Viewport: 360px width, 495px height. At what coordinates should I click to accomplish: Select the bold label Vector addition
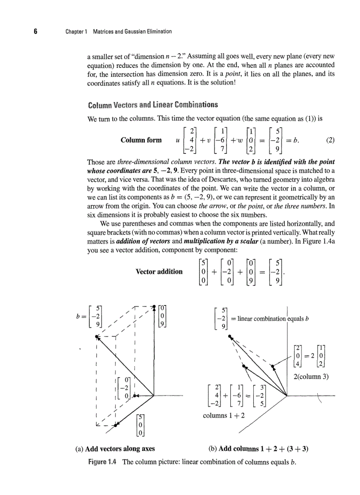pos(159,272)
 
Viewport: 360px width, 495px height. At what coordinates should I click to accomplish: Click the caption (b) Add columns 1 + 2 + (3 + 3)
pos(258,449)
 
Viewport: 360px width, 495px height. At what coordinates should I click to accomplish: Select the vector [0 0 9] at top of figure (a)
pos(163,316)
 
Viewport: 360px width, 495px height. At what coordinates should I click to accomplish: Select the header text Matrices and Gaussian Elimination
pos(132,32)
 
